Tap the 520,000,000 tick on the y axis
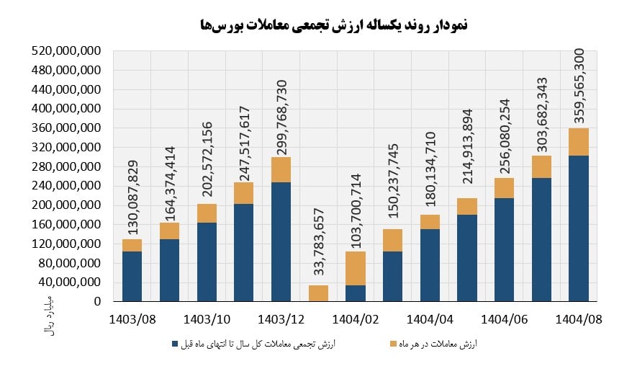pyautogui.click(x=66, y=51)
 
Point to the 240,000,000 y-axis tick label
pyautogui.click(x=66, y=186)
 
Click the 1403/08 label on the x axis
pyautogui.click(x=132, y=318)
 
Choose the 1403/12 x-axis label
pyautogui.click(x=281, y=318)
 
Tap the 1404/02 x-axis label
pyautogui.click(x=355, y=318)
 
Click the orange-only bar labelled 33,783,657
pyautogui.click(x=318, y=293)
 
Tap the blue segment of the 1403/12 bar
pyautogui.click(x=281, y=241)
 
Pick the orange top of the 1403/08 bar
pyautogui.click(x=132, y=246)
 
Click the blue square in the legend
pyautogui.click(x=173, y=344)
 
